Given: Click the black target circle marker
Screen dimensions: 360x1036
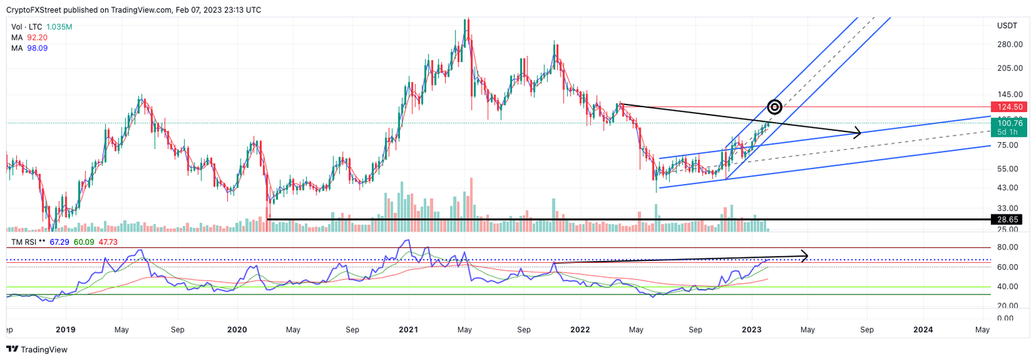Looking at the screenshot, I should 775,107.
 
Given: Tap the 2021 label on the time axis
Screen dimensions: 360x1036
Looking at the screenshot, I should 409,330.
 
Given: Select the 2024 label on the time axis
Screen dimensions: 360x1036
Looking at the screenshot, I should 923,330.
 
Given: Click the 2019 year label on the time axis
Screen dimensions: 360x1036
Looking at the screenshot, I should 65,330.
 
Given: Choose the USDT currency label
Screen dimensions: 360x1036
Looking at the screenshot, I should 1007,26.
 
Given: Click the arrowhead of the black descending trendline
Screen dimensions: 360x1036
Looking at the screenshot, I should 859,132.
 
